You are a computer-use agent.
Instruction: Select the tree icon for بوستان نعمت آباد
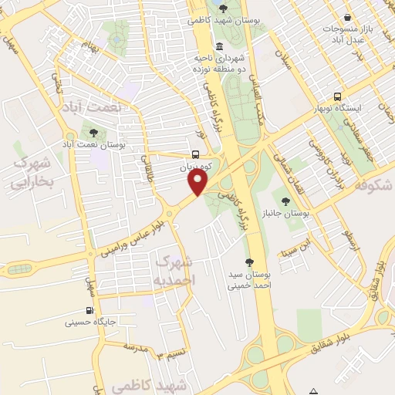point(94,132)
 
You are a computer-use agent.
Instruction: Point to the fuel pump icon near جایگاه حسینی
point(92,312)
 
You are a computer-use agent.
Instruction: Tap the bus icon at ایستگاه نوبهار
point(337,97)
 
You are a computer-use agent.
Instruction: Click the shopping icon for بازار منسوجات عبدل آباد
point(348,17)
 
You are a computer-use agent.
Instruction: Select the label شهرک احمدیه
point(175,268)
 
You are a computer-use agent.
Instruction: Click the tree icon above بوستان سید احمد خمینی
point(248,262)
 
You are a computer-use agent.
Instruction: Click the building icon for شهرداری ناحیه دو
point(221,46)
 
